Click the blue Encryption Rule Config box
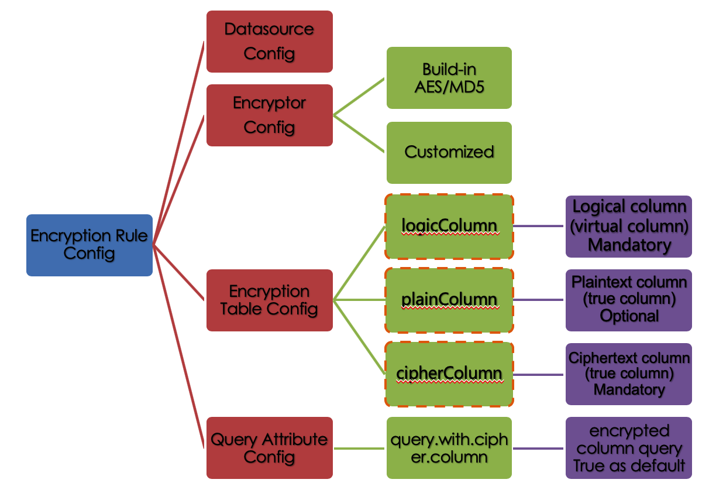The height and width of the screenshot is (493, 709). pyautogui.click(x=90, y=245)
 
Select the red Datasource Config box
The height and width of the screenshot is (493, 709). pyautogui.click(x=269, y=42)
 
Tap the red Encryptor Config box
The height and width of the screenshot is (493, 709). pyautogui.click(x=269, y=115)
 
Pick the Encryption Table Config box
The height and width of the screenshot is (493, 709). pyautogui.click(x=269, y=300)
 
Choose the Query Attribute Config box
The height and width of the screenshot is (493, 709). pyautogui.click(x=269, y=448)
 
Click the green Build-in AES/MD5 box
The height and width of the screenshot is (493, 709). pyautogui.click(x=449, y=78)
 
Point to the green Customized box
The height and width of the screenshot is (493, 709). pyautogui.click(x=449, y=152)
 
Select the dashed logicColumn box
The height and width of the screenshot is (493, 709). pyautogui.click(x=449, y=227)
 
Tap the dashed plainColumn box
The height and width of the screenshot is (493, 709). pyautogui.click(x=449, y=300)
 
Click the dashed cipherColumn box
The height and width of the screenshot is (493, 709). pyautogui.click(x=449, y=374)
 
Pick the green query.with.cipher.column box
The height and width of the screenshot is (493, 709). pyautogui.click(x=449, y=448)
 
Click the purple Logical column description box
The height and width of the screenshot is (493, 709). pyautogui.click(x=629, y=227)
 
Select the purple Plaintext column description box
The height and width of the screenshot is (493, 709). pyautogui.click(x=629, y=300)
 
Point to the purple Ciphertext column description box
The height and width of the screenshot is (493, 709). pyautogui.click(x=629, y=374)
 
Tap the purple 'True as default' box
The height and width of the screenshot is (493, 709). pyautogui.click(x=629, y=448)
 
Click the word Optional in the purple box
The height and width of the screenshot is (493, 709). pyautogui.click(x=629, y=316)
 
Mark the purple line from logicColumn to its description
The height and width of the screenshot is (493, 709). pyautogui.click(x=539, y=226)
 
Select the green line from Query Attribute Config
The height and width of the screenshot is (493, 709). pyautogui.click(x=360, y=449)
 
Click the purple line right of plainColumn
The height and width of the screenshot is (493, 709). pyautogui.click(x=539, y=300)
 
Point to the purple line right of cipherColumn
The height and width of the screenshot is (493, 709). pyautogui.click(x=539, y=375)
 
